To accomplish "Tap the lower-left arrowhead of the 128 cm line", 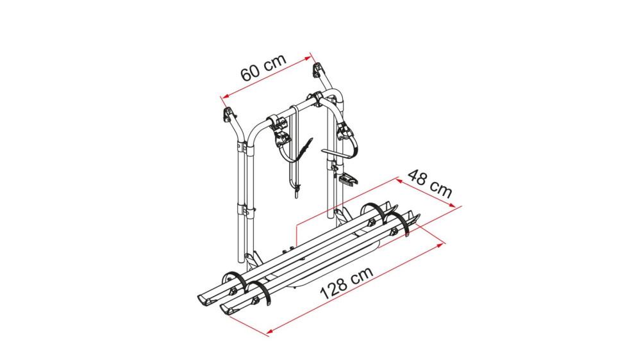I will [x=269, y=331].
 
